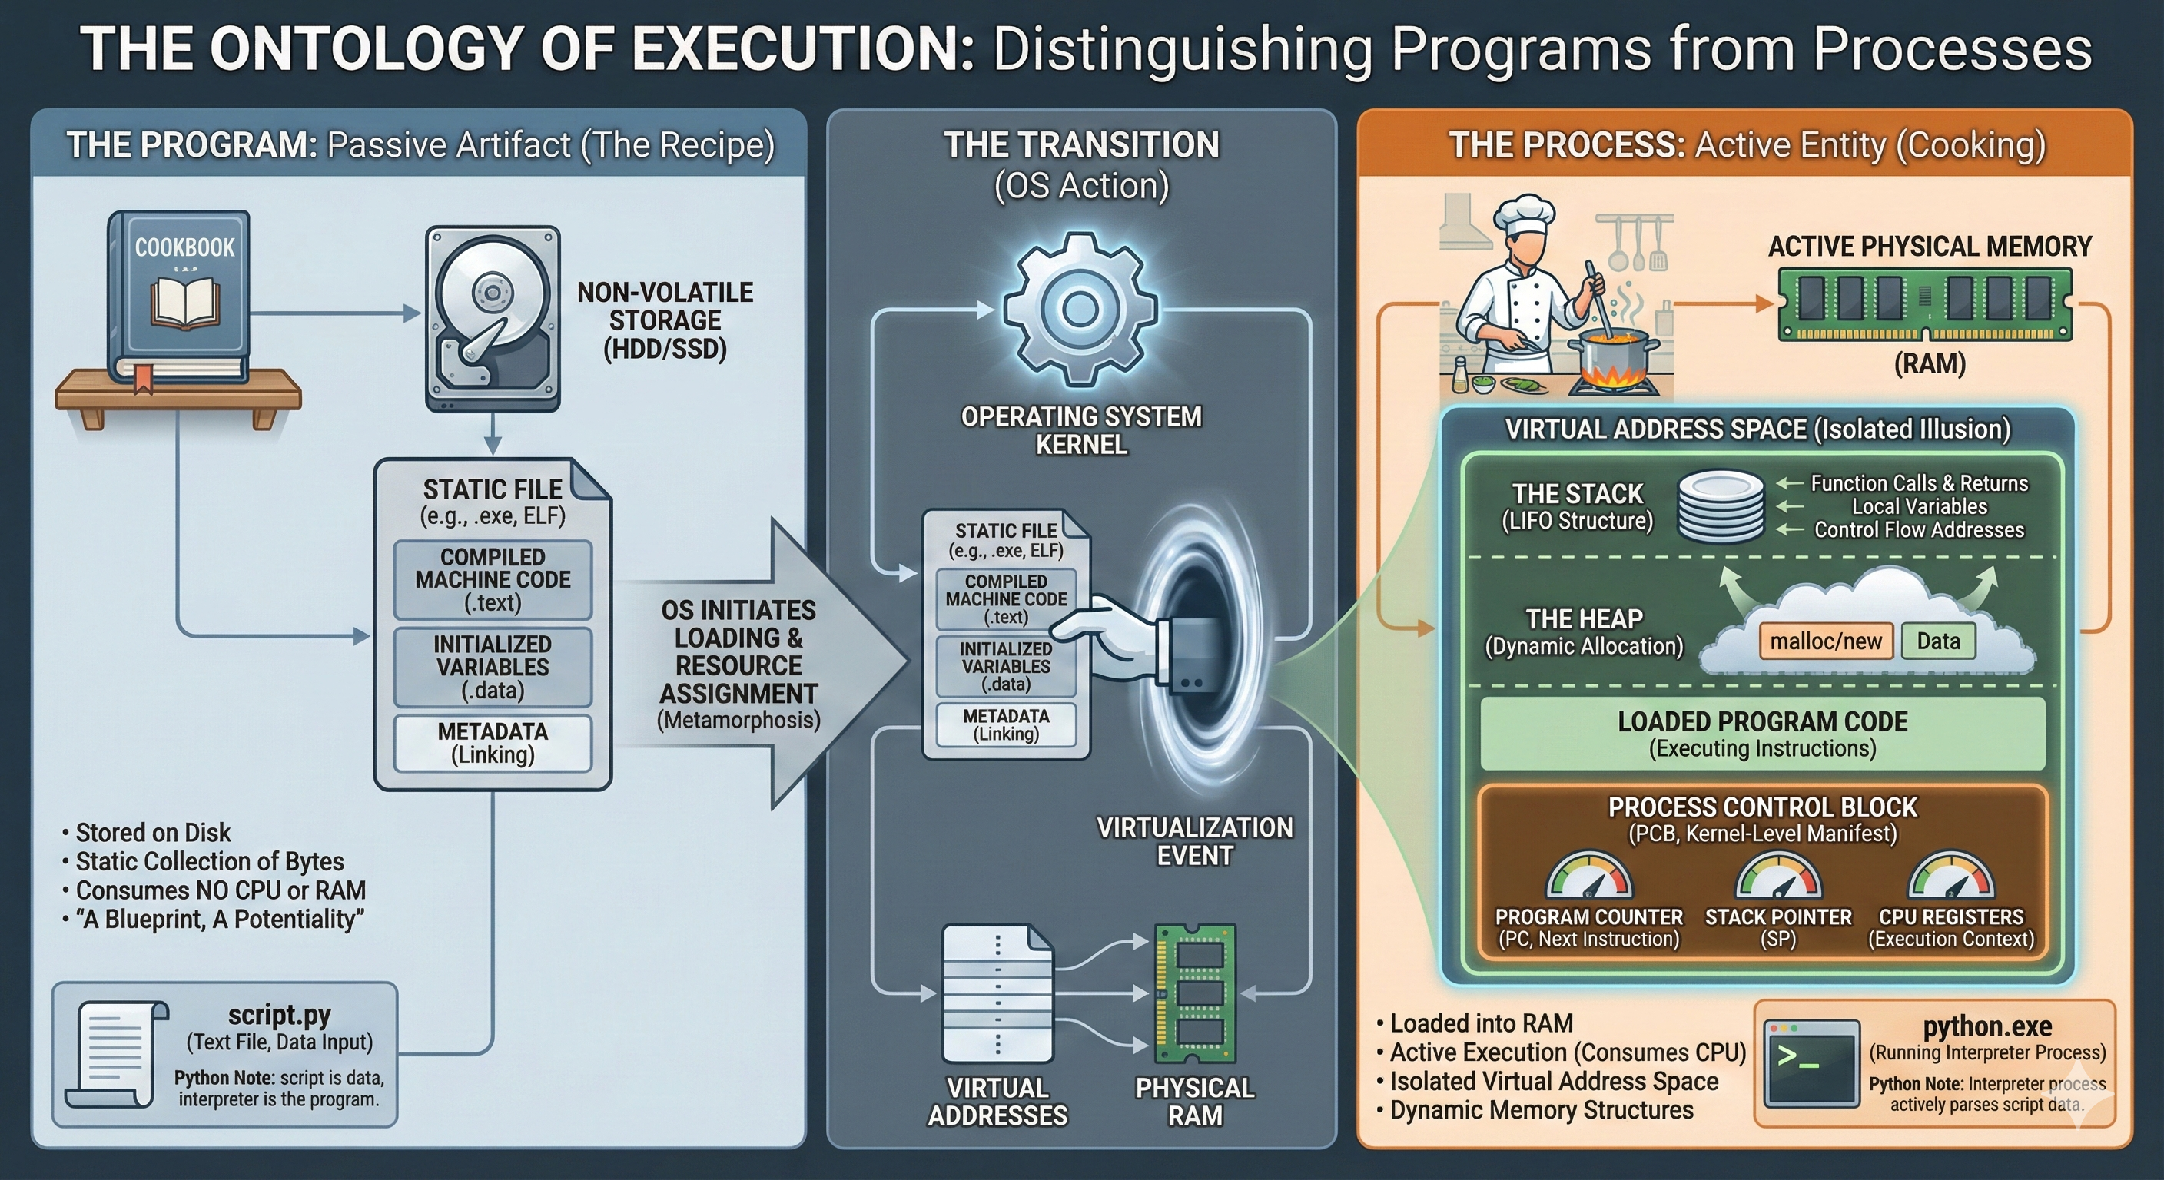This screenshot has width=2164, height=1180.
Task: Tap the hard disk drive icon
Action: pos(493,318)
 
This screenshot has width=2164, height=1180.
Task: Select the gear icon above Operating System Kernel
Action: pos(1080,309)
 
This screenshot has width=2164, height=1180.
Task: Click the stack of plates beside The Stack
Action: pos(1721,505)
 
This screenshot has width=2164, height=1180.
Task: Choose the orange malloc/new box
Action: pos(1825,641)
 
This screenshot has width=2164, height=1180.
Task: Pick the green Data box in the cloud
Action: pos(1937,641)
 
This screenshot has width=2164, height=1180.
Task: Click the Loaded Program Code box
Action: pos(1762,734)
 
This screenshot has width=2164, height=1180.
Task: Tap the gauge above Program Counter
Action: pos(1588,877)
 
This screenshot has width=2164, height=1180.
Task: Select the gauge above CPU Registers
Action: pos(1950,877)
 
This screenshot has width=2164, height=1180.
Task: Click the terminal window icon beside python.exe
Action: pos(1811,1063)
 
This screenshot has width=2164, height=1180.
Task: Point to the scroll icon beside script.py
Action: pos(117,1054)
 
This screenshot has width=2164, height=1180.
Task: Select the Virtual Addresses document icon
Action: pos(997,994)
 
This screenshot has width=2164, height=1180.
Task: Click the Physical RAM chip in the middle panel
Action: pos(1194,994)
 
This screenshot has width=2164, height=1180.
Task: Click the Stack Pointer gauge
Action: pos(1777,877)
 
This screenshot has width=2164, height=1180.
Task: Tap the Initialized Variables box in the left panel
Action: pos(493,667)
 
